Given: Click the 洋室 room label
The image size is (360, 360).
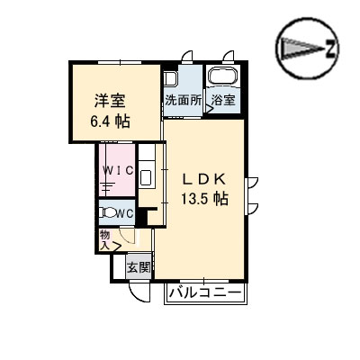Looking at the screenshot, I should click(109, 99).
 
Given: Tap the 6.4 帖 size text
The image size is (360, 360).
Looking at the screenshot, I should click(110, 121).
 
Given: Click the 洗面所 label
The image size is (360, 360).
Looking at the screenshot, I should click(183, 101).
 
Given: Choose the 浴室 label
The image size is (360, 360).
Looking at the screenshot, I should click(223, 101).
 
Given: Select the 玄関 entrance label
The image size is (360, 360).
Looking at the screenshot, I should click(138, 266).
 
